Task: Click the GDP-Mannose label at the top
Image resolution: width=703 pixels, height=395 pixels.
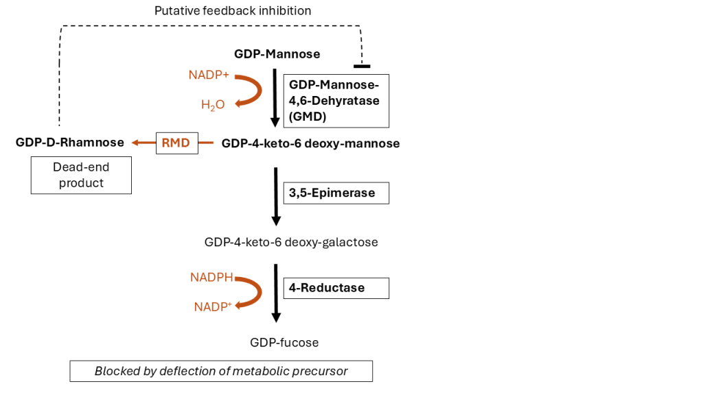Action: pos(277,53)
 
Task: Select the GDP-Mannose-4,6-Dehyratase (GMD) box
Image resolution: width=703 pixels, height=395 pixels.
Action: pos(336,101)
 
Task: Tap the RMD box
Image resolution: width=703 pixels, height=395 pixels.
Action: pos(176,143)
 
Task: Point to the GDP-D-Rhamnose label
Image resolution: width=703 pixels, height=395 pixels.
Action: pos(70,143)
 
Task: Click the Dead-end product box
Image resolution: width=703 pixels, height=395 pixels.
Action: pos(81,175)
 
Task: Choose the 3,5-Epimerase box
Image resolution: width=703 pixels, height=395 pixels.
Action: pos(336,193)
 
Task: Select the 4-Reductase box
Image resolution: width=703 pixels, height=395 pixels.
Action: pos(336,288)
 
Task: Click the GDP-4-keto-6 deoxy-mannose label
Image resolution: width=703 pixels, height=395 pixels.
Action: pos(310,143)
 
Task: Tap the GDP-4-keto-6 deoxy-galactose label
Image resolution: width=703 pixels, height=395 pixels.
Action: pos(291,242)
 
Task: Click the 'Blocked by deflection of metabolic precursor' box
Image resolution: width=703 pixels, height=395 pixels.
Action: pos(221,371)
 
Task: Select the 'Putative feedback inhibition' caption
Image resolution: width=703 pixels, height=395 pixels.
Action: pos(233,10)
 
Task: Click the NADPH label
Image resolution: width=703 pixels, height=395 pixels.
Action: pos(211,278)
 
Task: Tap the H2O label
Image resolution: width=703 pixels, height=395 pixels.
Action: pos(213,105)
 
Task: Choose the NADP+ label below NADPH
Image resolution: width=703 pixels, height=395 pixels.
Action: pos(212,307)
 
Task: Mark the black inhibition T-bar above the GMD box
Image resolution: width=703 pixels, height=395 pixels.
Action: pos(361,66)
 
